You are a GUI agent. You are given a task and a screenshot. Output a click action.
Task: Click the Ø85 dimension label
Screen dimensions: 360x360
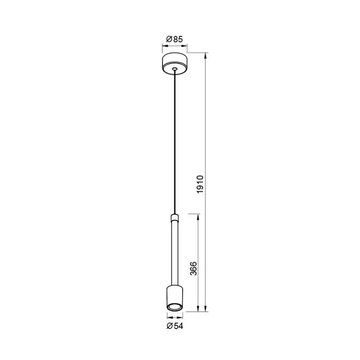click(175, 39)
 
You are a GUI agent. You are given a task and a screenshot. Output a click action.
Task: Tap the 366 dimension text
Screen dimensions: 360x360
click(193, 268)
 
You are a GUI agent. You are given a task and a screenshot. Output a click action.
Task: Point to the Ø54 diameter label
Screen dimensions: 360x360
click(175, 325)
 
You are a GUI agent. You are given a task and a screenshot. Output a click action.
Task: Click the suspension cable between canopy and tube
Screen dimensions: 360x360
click(175, 144)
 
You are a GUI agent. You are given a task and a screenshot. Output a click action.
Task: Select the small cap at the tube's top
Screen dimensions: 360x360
click(175, 217)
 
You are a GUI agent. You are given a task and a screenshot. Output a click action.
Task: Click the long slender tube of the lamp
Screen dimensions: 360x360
click(175, 250)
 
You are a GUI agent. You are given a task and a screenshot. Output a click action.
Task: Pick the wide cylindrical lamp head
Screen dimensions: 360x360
click(175, 296)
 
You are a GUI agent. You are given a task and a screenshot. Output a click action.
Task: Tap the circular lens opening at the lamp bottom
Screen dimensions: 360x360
click(175, 307)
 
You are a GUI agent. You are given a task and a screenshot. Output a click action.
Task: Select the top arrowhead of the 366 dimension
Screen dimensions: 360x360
click(200, 216)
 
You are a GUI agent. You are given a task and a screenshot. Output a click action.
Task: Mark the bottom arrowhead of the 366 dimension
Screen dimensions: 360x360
click(200, 309)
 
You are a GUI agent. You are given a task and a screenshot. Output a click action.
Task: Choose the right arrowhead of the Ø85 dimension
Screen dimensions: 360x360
click(187, 46)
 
